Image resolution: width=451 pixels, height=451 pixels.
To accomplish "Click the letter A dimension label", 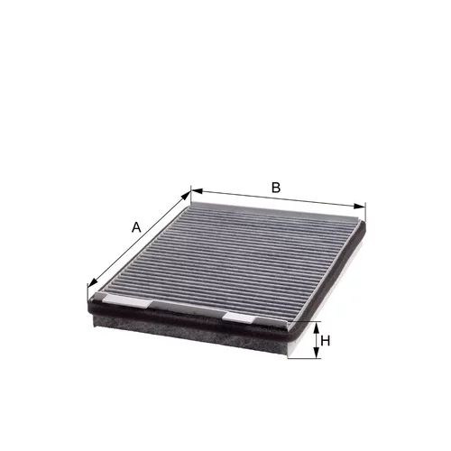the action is pyautogui.click(x=136, y=227).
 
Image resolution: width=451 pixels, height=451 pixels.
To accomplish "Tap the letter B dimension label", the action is pyautogui.click(x=276, y=188).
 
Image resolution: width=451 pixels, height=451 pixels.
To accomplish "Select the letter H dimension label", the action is pyautogui.click(x=326, y=341).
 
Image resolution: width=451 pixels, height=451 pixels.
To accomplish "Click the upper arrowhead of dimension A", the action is pyautogui.click(x=187, y=196).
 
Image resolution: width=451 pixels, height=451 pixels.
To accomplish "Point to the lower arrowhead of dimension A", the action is pyautogui.click(x=93, y=281).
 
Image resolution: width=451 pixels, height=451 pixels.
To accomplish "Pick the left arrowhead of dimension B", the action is pyautogui.click(x=197, y=191).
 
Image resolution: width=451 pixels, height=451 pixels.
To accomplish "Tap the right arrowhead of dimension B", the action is pyautogui.click(x=359, y=206).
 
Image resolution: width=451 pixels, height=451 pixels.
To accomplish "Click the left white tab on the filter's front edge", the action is pyautogui.click(x=126, y=300).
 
